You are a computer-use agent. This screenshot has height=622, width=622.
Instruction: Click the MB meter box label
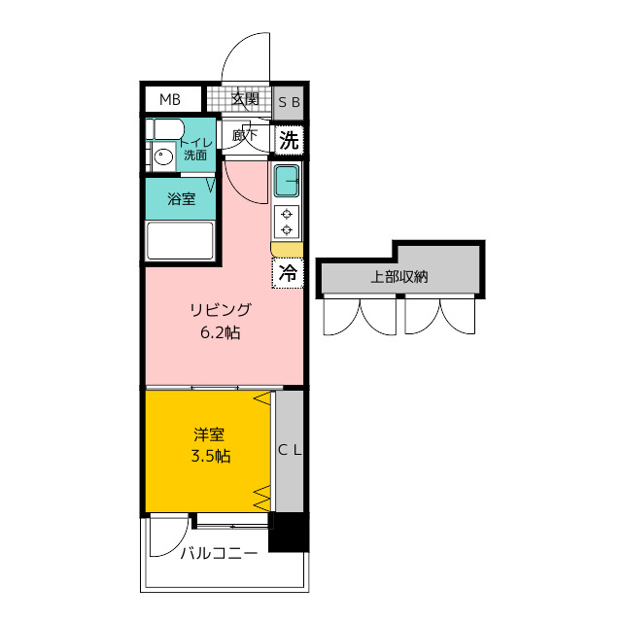point(170,99)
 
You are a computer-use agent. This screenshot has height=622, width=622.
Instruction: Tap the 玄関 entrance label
point(246,98)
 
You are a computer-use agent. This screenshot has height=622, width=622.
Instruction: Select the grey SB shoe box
point(289,102)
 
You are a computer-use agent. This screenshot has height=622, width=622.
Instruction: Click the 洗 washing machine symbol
point(290,140)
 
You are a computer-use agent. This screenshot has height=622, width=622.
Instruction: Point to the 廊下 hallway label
point(245,136)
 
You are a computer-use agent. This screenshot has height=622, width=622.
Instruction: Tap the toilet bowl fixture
point(165,129)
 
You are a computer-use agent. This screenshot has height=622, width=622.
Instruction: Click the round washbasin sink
point(162,156)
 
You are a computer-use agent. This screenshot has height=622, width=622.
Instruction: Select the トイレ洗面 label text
point(195,149)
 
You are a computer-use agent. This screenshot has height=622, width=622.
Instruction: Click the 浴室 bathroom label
point(182,198)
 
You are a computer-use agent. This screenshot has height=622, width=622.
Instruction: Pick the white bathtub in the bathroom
point(180,240)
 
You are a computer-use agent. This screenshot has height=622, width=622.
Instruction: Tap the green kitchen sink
point(287,181)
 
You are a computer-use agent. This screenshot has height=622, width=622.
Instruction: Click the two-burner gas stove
point(287,223)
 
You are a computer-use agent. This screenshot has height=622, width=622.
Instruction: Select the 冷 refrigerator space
point(288,273)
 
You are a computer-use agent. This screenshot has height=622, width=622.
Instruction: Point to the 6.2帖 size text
point(221,332)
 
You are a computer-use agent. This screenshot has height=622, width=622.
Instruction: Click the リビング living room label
point(221,310)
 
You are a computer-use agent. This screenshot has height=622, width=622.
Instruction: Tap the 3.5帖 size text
point(211,456)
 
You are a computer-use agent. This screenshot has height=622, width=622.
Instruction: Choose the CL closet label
point(290,450)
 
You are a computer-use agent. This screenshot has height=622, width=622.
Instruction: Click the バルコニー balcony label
point(219,553)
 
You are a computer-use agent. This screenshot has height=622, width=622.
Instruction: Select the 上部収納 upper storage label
point(399,276)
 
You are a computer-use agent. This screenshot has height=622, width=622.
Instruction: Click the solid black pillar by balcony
point(289,532)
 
